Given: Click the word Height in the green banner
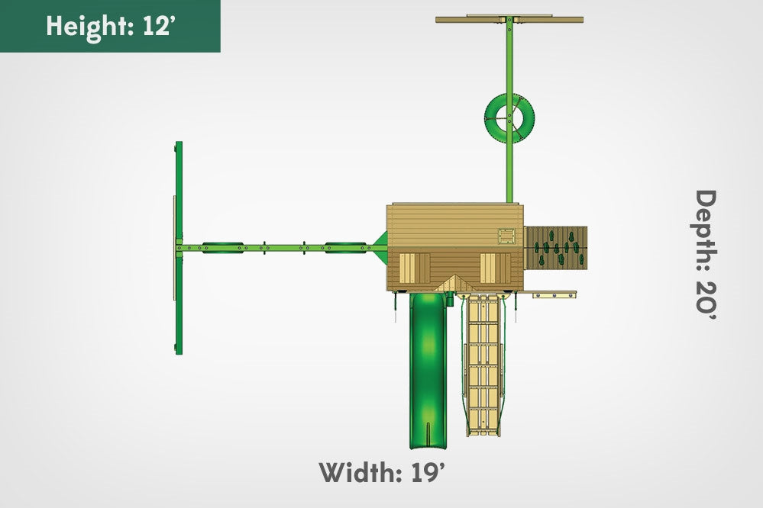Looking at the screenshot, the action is point(90,26).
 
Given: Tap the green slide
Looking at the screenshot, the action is point(428,370).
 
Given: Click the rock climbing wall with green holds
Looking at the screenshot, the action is point(556,248).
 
